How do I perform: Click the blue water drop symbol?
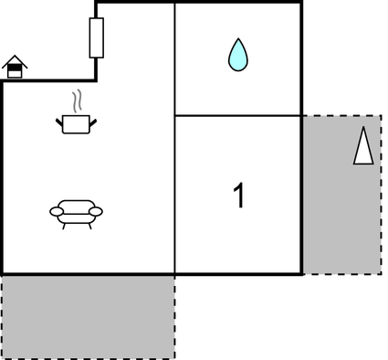coord(237,57)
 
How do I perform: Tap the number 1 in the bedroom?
coord(239,195)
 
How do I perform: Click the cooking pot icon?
coord(76,123)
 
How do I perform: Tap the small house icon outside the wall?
coord(15,67)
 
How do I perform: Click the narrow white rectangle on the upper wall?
coord(96,38)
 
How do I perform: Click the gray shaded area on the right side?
coord(342,219)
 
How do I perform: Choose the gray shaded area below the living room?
coord(88,316)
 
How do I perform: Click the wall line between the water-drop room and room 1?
coord(237,115)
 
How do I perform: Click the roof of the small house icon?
coord(15,60)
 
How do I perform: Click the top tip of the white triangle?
coord(363,129)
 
